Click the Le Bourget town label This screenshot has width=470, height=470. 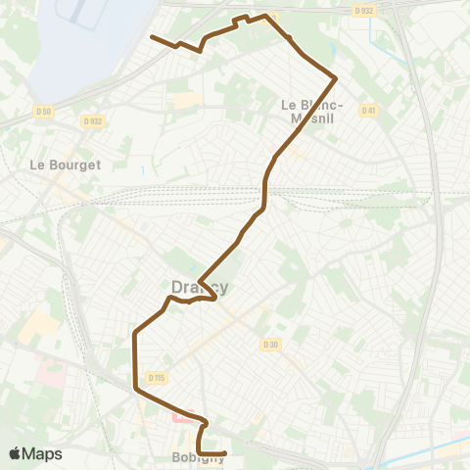pyautogui.click(x=66, y=164)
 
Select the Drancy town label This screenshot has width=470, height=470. pyautogui.click(x=200, y=286)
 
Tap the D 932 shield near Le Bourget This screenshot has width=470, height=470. pyautogui.click(x=93, y=121)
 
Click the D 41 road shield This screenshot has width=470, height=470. pyautogui.click(x=368, y=110)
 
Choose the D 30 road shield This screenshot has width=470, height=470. pyautogui.click(x=270, y=344)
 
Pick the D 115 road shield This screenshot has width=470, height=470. pyautogui.click(x=157, y=378)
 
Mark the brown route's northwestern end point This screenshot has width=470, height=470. pyautogui.click(x=151, y=37)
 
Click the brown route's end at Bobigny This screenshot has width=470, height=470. pyautogui.click(x=226, y=452)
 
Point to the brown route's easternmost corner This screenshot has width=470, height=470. pyautogui.click(x=336, y=76)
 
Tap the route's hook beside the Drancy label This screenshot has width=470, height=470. pyautogui.click(x=213, y=298)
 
